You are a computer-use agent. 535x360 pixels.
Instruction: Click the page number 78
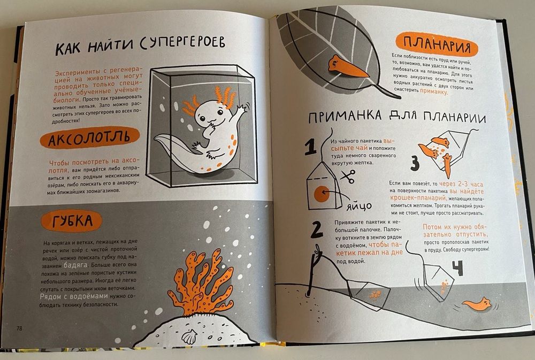19,328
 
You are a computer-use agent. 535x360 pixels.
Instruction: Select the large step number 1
309,148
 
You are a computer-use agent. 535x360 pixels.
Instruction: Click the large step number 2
316,228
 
